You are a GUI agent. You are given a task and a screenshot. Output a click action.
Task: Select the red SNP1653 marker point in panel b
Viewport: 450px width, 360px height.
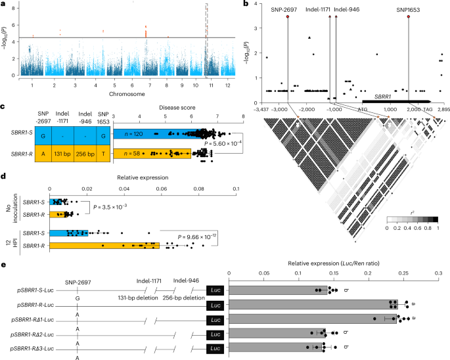click(409, 17)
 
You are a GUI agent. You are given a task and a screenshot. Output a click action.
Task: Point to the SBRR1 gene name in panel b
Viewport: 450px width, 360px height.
click(384, 96)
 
